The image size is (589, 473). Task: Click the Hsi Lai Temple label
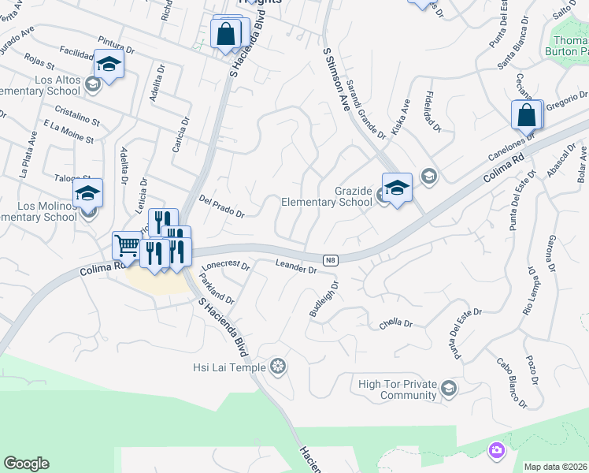point(229,367)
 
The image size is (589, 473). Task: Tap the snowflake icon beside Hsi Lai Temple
point(277,366)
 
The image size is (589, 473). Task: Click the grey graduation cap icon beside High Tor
point(448,387)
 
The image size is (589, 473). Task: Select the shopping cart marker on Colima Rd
point(127,246)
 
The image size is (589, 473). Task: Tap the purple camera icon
point(496,450)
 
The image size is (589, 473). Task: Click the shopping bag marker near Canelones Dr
point(527,115)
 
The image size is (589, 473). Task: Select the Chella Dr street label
point(395,322)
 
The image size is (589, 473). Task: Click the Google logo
point(26,464)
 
